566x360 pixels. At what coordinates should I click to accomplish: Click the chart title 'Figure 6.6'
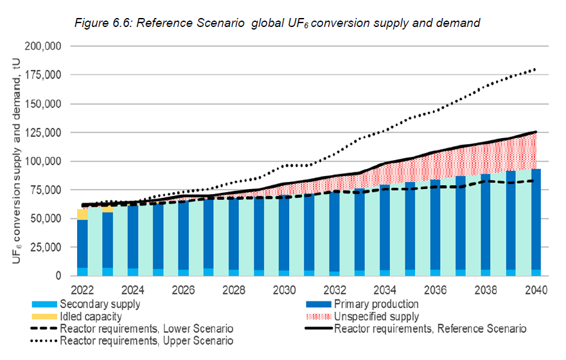(278, 23)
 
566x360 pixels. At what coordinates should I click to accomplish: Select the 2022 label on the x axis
(82, 289)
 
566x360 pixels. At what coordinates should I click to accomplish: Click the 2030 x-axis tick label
(284, 289)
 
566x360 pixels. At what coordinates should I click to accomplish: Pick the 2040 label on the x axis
(536, 289)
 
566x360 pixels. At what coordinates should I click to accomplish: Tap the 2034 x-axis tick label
(385, 289)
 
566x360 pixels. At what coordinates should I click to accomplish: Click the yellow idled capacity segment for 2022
(82, 214)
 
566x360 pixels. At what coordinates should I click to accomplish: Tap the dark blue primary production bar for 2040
(536, 219)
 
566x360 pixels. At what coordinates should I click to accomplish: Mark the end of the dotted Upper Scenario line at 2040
(535, 69)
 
